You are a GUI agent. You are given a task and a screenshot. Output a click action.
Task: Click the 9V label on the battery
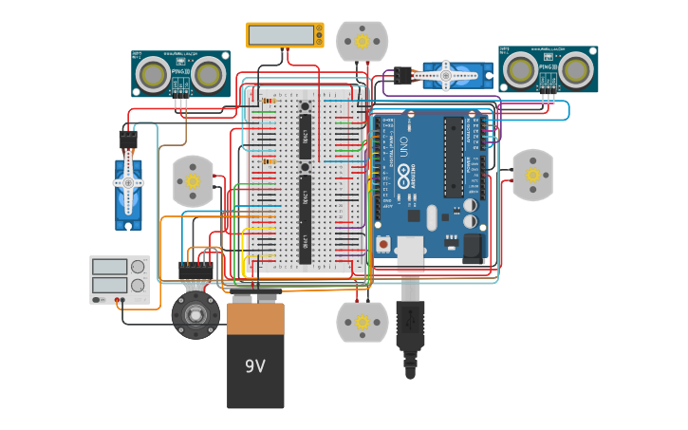click(255, 366)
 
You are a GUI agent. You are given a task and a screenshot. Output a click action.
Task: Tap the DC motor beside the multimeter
click(362, 42)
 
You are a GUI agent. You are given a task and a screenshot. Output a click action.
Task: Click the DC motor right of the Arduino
click(532, 175)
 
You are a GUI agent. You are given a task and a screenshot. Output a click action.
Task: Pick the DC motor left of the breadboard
click(193, 180)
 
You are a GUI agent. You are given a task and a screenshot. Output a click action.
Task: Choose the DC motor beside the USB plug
click(362, 323)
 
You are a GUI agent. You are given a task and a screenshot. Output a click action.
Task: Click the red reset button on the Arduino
click(383, 244)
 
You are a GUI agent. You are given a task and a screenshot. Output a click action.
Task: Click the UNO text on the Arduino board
click(401, 147)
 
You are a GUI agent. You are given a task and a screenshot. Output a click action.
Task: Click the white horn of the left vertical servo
click(128, 184)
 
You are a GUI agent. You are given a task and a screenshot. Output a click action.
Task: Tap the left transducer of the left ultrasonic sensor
click(154, 74)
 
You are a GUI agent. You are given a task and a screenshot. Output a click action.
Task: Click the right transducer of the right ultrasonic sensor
click(575, 69)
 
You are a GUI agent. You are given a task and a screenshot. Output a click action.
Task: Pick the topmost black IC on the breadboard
click(305, 138)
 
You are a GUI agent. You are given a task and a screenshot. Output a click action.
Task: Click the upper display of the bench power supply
click(110, 267)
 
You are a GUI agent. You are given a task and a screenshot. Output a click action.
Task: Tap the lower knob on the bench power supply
click(139, 285)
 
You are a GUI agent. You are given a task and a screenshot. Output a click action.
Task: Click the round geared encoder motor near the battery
click(195, 314)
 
